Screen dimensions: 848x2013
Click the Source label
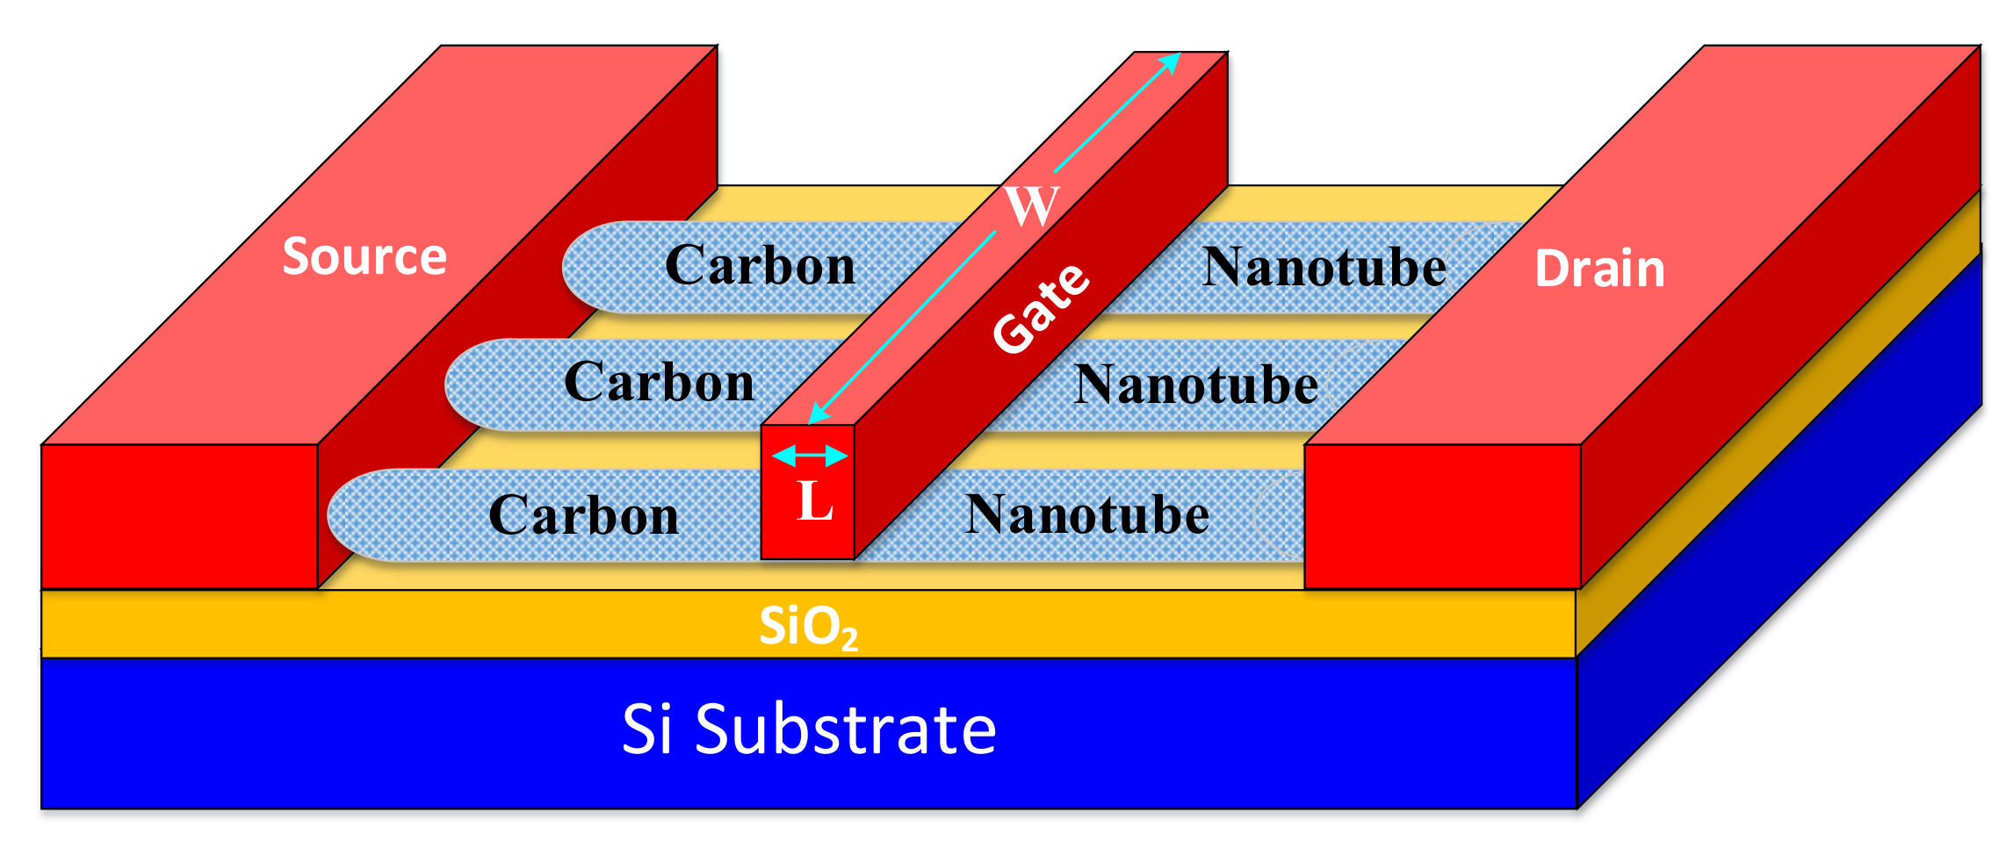[364, 257]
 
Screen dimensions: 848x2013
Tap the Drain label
[1599, 269]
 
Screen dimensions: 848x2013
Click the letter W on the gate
[1031, 205]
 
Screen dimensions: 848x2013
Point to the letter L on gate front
[814, 502]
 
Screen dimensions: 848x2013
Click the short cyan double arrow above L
[809, 456]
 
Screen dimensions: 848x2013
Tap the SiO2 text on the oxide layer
[807, 627]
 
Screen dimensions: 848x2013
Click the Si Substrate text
[809, 729]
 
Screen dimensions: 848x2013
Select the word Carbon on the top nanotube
[760, 265]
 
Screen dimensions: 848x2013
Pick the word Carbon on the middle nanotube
[659, 382]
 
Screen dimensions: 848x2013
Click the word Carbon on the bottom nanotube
[583, 514]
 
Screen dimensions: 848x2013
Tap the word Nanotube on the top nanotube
[1324, 267]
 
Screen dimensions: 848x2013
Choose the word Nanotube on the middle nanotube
[1195, 384]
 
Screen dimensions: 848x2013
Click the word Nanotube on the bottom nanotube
[1086, 514]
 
